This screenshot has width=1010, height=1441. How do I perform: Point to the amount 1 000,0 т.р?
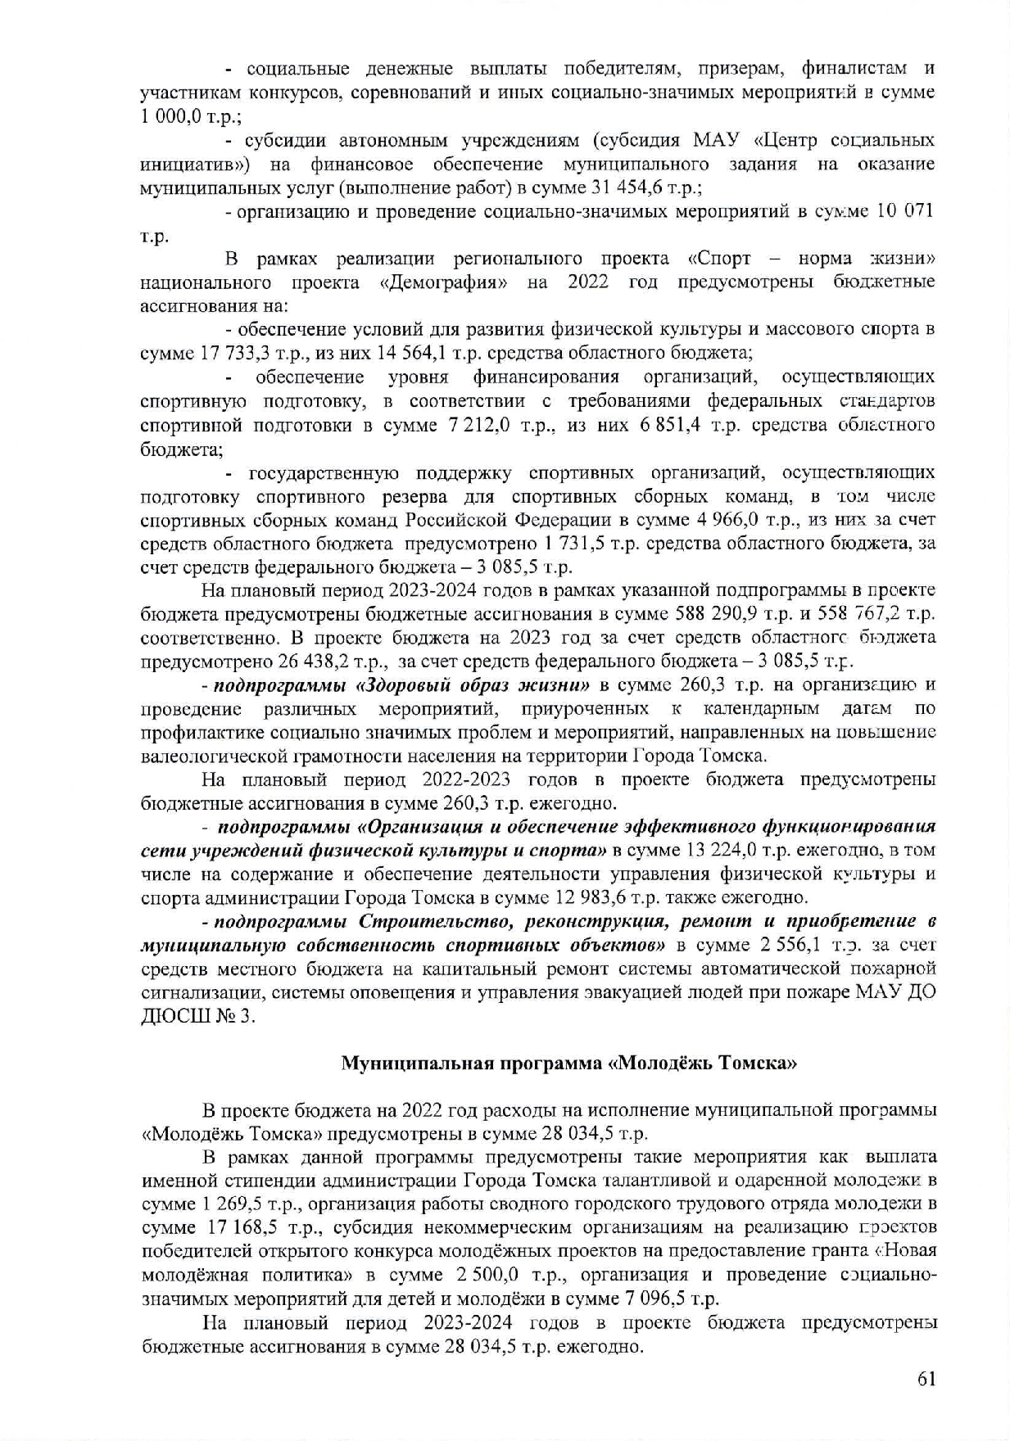184,117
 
